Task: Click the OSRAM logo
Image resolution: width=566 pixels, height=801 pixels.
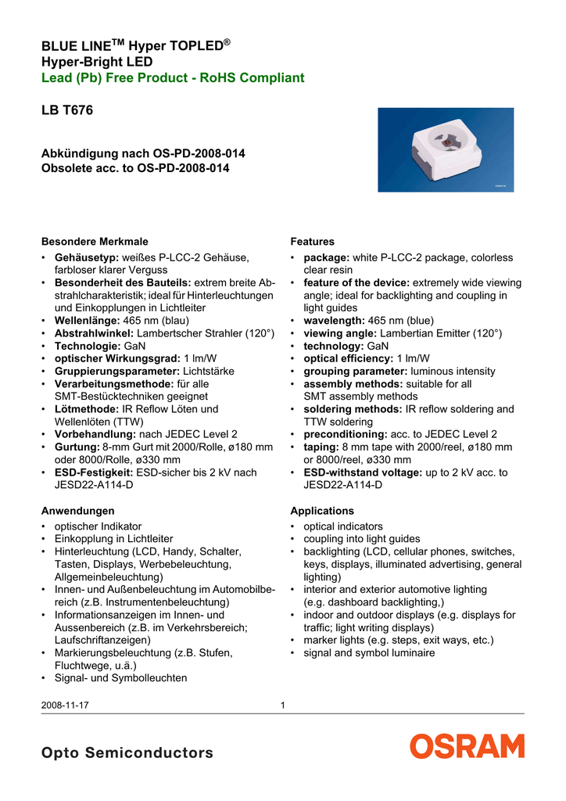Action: pos(467,746)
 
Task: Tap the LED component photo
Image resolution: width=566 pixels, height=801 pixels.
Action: pos(446,149)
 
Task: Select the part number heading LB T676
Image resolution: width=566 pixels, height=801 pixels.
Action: pos(66,111)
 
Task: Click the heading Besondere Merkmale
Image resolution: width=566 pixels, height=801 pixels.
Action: pos(94,242)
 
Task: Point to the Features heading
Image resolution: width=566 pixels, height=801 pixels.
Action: pos(312,242)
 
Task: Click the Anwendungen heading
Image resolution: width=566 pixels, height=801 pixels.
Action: pos(77,511)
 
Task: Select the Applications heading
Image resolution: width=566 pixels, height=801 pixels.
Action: pos(321,511)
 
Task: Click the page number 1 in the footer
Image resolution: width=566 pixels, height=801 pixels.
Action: pos(283,706)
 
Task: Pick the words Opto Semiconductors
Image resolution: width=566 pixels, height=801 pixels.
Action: pos(127,753)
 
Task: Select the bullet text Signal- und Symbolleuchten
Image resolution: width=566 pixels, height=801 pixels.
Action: pos(120,678)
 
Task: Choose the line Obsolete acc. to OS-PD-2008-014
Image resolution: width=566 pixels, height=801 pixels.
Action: pos(134,168)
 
